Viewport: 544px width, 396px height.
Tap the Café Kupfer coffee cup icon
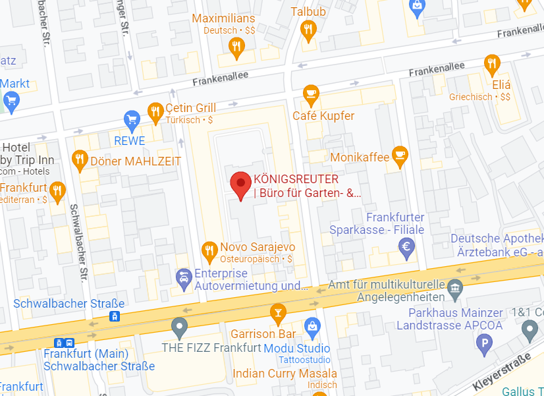tap(311, 95)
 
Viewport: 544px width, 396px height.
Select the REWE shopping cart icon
tap(132, 120)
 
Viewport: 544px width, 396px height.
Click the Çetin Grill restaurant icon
tap(155, 112)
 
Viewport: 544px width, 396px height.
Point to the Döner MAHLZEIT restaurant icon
tap(80, 159)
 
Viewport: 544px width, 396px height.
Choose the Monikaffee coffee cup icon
tap(399, 155)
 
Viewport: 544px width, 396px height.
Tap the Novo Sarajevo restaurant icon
tap(209, 249)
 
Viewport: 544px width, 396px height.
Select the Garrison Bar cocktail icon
tap(278, 312)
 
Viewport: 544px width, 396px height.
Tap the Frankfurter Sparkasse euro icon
tap(407, 246)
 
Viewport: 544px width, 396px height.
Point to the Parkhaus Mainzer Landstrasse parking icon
tap(485, 342)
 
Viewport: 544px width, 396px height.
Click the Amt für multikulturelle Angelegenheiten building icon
tap(454, 287)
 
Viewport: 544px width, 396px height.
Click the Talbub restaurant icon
tap(308, 28)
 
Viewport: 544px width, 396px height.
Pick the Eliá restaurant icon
tap(491, 63)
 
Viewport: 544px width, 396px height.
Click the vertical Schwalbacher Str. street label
tap(80, 240)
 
